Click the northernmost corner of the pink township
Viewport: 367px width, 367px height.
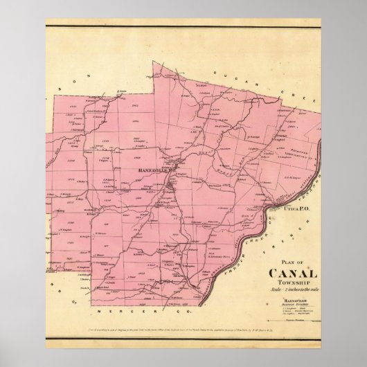click(154, 63)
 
